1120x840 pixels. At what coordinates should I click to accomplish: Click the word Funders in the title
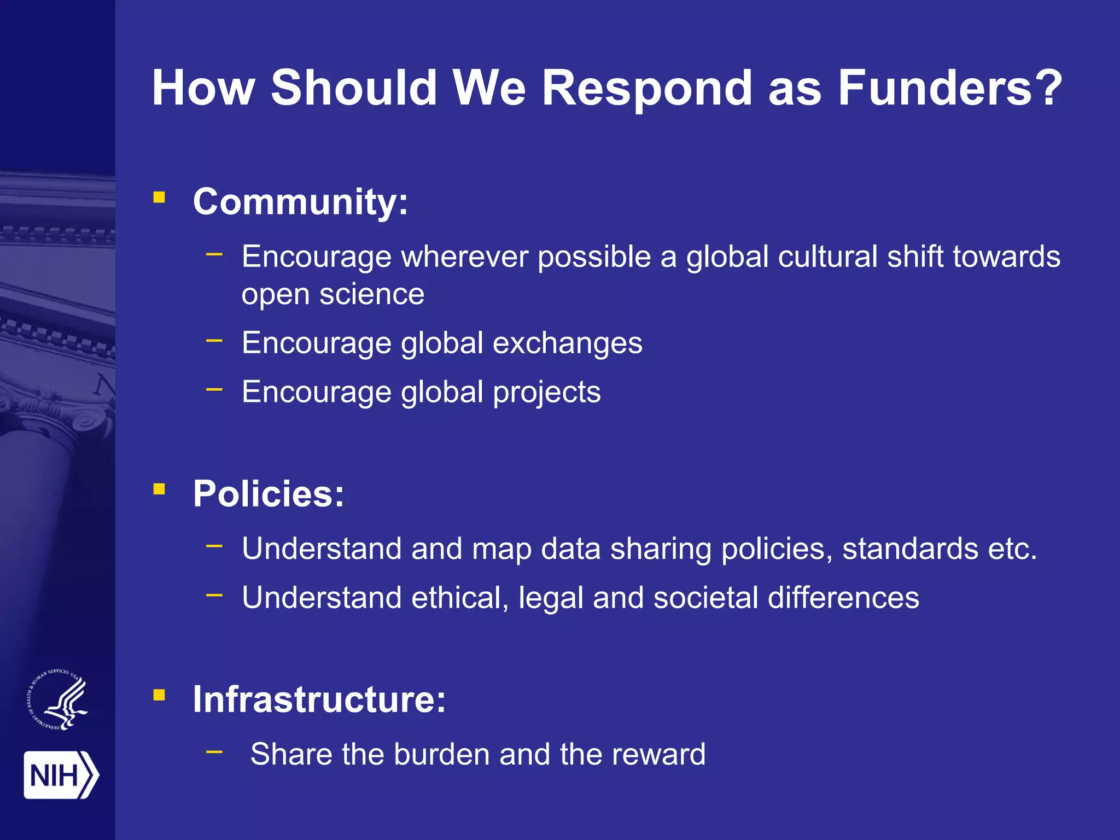click(x=950, y=88)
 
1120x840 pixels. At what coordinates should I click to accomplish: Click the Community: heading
click(x=300, y=202)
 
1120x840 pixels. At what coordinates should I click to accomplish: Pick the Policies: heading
click(x=269, y=494)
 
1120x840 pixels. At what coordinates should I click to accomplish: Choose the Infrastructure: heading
click(x=319, y=699)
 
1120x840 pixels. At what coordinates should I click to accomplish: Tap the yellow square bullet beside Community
click(x=159, y=197)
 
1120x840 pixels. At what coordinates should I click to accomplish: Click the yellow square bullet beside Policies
click(x=159, y=488)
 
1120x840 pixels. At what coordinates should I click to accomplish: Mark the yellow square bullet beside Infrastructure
click(x=159, y=695)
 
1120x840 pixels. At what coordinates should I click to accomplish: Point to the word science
click(x=371, y=294)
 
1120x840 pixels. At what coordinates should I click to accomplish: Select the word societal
click(x=705, y=597)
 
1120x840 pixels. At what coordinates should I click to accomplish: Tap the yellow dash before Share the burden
click(x=214, y=752)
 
